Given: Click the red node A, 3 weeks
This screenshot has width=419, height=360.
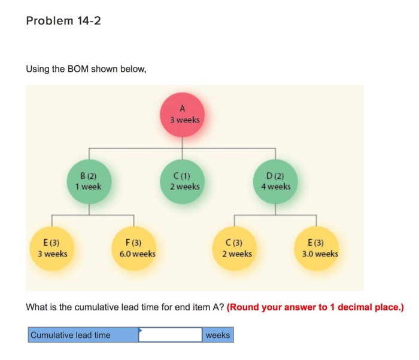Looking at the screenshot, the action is click(183, 114).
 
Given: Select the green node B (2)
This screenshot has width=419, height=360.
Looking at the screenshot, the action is click(89, 182).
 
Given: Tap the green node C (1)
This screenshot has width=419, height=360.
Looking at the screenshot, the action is click(183, 181).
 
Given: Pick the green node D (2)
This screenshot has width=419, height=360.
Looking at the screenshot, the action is click(275, 182).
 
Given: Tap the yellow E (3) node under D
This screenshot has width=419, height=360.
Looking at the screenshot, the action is click(315, 248).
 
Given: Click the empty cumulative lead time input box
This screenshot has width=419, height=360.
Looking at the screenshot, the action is click(171, 335).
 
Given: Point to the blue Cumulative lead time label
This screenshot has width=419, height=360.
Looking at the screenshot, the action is click(83, 335).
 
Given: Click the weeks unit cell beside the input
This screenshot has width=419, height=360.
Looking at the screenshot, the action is click(217, 335).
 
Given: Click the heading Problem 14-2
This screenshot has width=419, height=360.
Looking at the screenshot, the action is click(63, 21).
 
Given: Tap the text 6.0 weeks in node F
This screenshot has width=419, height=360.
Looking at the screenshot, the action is click(138, 254).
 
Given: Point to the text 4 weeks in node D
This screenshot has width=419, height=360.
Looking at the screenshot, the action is click(276, 187).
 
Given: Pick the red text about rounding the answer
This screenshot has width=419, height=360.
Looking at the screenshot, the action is click(315, 307).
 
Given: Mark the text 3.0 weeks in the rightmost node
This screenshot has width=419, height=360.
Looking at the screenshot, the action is click(320, 254).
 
